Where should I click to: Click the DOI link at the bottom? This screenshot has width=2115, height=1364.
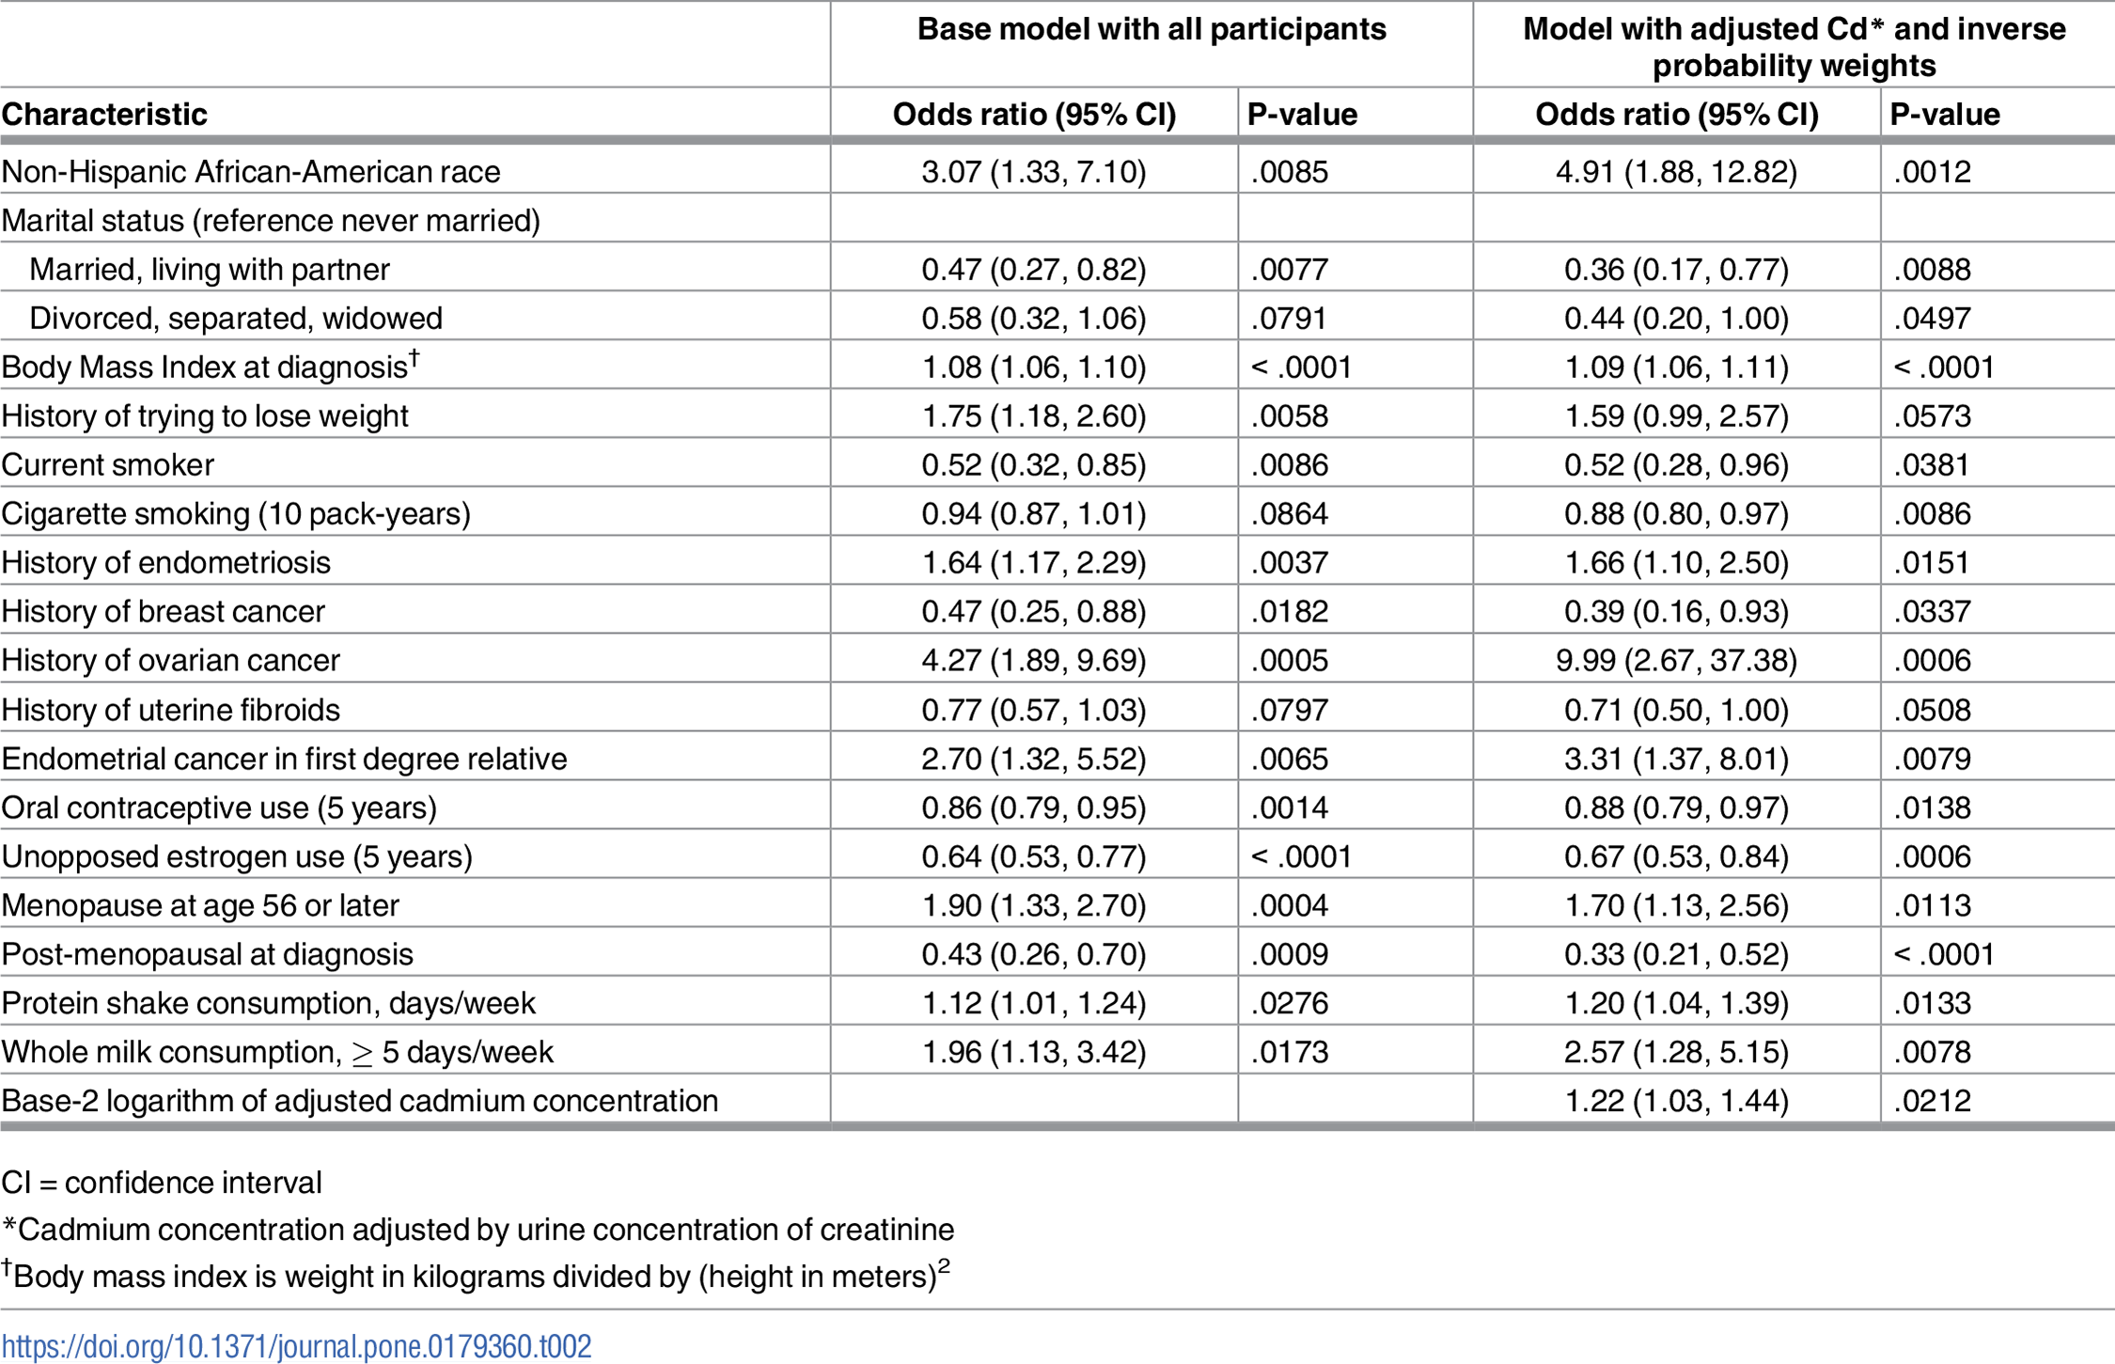pyautogui.click(x=296, y=1345)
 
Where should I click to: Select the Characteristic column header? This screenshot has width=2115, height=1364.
pyautogui.click(x=104, y=114)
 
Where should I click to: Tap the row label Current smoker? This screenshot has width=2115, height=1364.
pyautogui.click(x=108, y=464)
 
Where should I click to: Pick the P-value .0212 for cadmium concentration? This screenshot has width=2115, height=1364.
pyautogui.click(x=1932, y=1100)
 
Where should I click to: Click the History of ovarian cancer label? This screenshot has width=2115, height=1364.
pyautogui.click(x=170, y=660)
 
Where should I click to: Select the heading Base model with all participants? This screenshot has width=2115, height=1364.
pyautogui.click(x=1151, y=29)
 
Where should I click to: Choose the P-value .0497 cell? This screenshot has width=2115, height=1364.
pyautogui.click(x=1932, y=318)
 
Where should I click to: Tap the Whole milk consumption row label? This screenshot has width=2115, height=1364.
pyautogui.click(x=277, y=1051)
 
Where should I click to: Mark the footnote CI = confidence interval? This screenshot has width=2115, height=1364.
pyautogui.click(x=162, y=1182)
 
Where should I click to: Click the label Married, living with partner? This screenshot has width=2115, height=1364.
pyautogui.click(x=210, y=269)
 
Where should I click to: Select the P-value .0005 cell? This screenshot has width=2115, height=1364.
pyautogui.click(x=1289, y=660)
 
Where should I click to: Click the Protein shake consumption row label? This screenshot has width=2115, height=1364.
pyautogui.click(x=268, y=1002)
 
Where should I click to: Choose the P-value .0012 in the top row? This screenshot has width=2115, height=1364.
pyautogui.click(x=1932, y=171)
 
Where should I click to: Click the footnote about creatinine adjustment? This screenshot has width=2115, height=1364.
pyautogui.click(x=478, y=1229)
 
